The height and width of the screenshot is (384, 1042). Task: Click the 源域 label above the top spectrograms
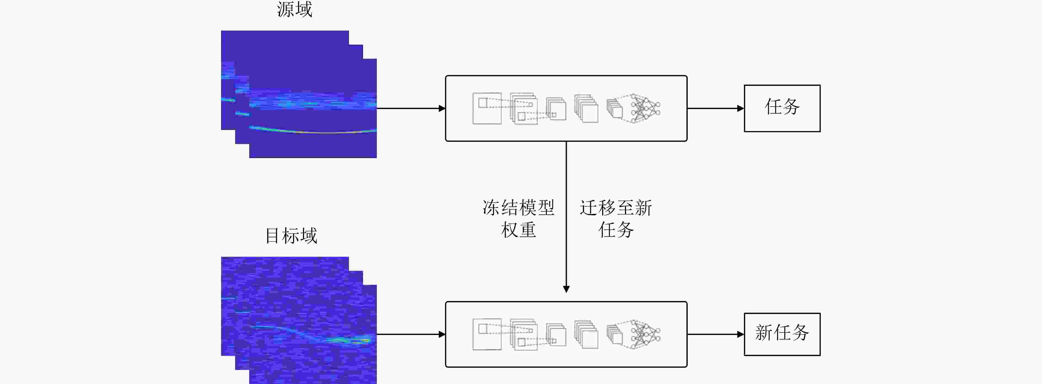294,9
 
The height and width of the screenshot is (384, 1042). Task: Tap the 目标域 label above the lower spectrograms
291,236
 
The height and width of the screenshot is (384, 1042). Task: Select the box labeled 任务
782,108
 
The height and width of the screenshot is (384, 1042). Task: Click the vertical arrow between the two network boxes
566,217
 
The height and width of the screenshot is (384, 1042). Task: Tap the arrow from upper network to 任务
716,108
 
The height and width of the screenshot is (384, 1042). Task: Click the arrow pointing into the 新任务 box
716,334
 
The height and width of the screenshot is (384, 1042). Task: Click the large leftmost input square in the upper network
487,108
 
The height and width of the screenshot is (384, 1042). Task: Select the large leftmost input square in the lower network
487,334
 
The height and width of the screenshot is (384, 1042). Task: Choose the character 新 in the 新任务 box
764,333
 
